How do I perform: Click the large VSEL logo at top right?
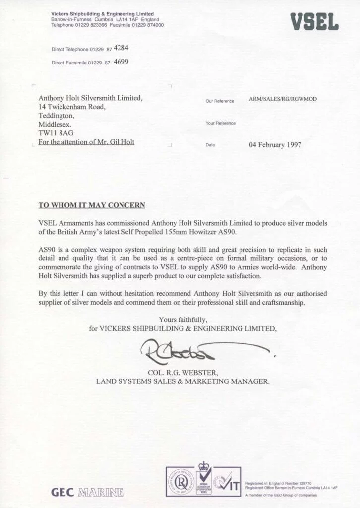pos(314,21)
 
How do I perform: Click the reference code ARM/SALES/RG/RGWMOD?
pos(283,99)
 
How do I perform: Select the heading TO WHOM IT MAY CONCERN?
pos(92,204)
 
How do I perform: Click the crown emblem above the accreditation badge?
pos(203,466)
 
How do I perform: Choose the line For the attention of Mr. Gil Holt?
pos(87,142)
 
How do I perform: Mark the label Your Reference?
pos(220,123)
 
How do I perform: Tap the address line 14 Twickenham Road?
pos(72,106)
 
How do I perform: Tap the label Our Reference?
pos(219,101)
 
